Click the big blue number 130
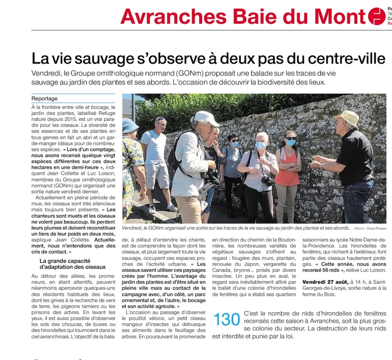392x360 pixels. pos(227,319)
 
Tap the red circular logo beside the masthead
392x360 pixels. pos(376,16)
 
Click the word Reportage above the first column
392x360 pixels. pos(45,99)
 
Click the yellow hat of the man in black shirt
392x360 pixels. pos(347,118)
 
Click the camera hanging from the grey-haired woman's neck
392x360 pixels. pos(268,181)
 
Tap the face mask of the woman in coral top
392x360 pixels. pos(290,142)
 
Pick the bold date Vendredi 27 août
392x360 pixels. pos(325,282)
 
